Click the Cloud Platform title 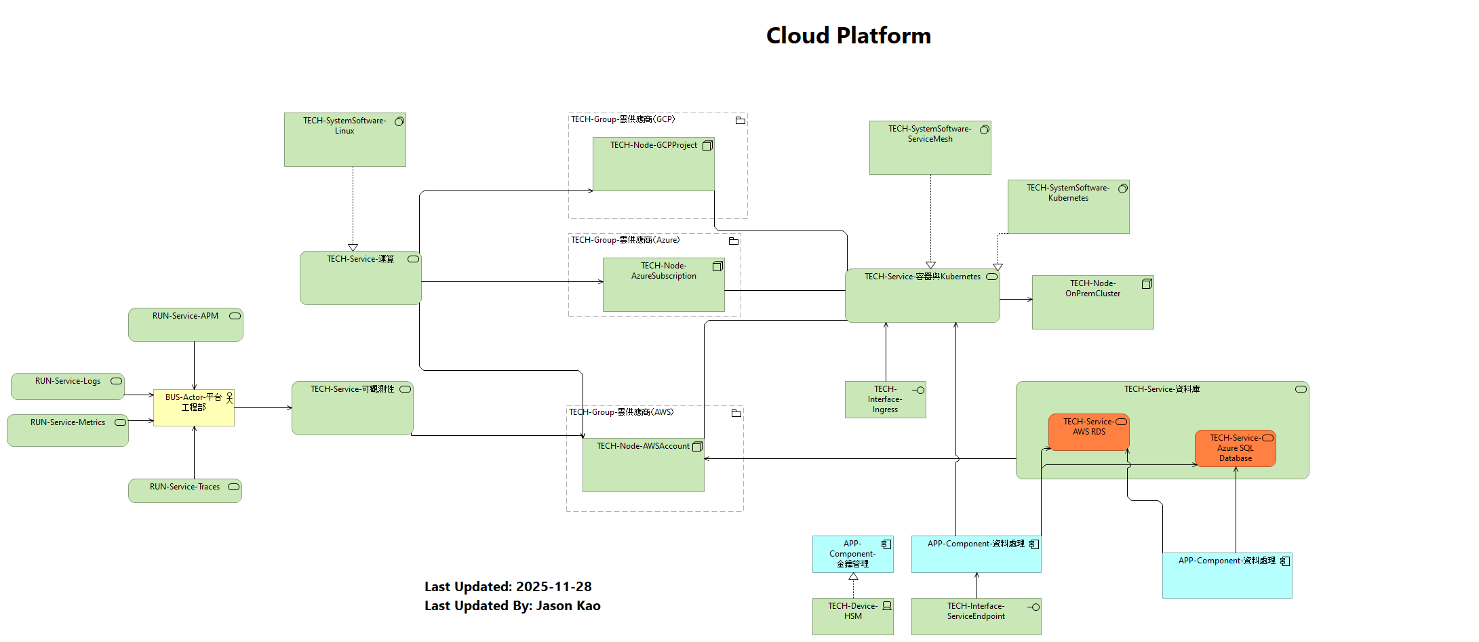click(848, 35)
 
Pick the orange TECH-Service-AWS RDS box click(1088, 432)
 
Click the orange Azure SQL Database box click(1235, 448)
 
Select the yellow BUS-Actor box click(193, 407)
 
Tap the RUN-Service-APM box click(185, 325)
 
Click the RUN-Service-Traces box click(184, 490)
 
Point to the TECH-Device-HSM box click(852, 616)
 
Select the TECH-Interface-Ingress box click(885, 399)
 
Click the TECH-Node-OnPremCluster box click(1092, 302)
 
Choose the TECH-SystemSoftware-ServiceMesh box click(930, 148)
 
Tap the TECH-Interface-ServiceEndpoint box click(976, 616)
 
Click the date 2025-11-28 click(553, 586)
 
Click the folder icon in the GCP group click(740, 121)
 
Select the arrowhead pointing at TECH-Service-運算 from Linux click(353, 247)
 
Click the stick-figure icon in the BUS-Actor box click(229, 397)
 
